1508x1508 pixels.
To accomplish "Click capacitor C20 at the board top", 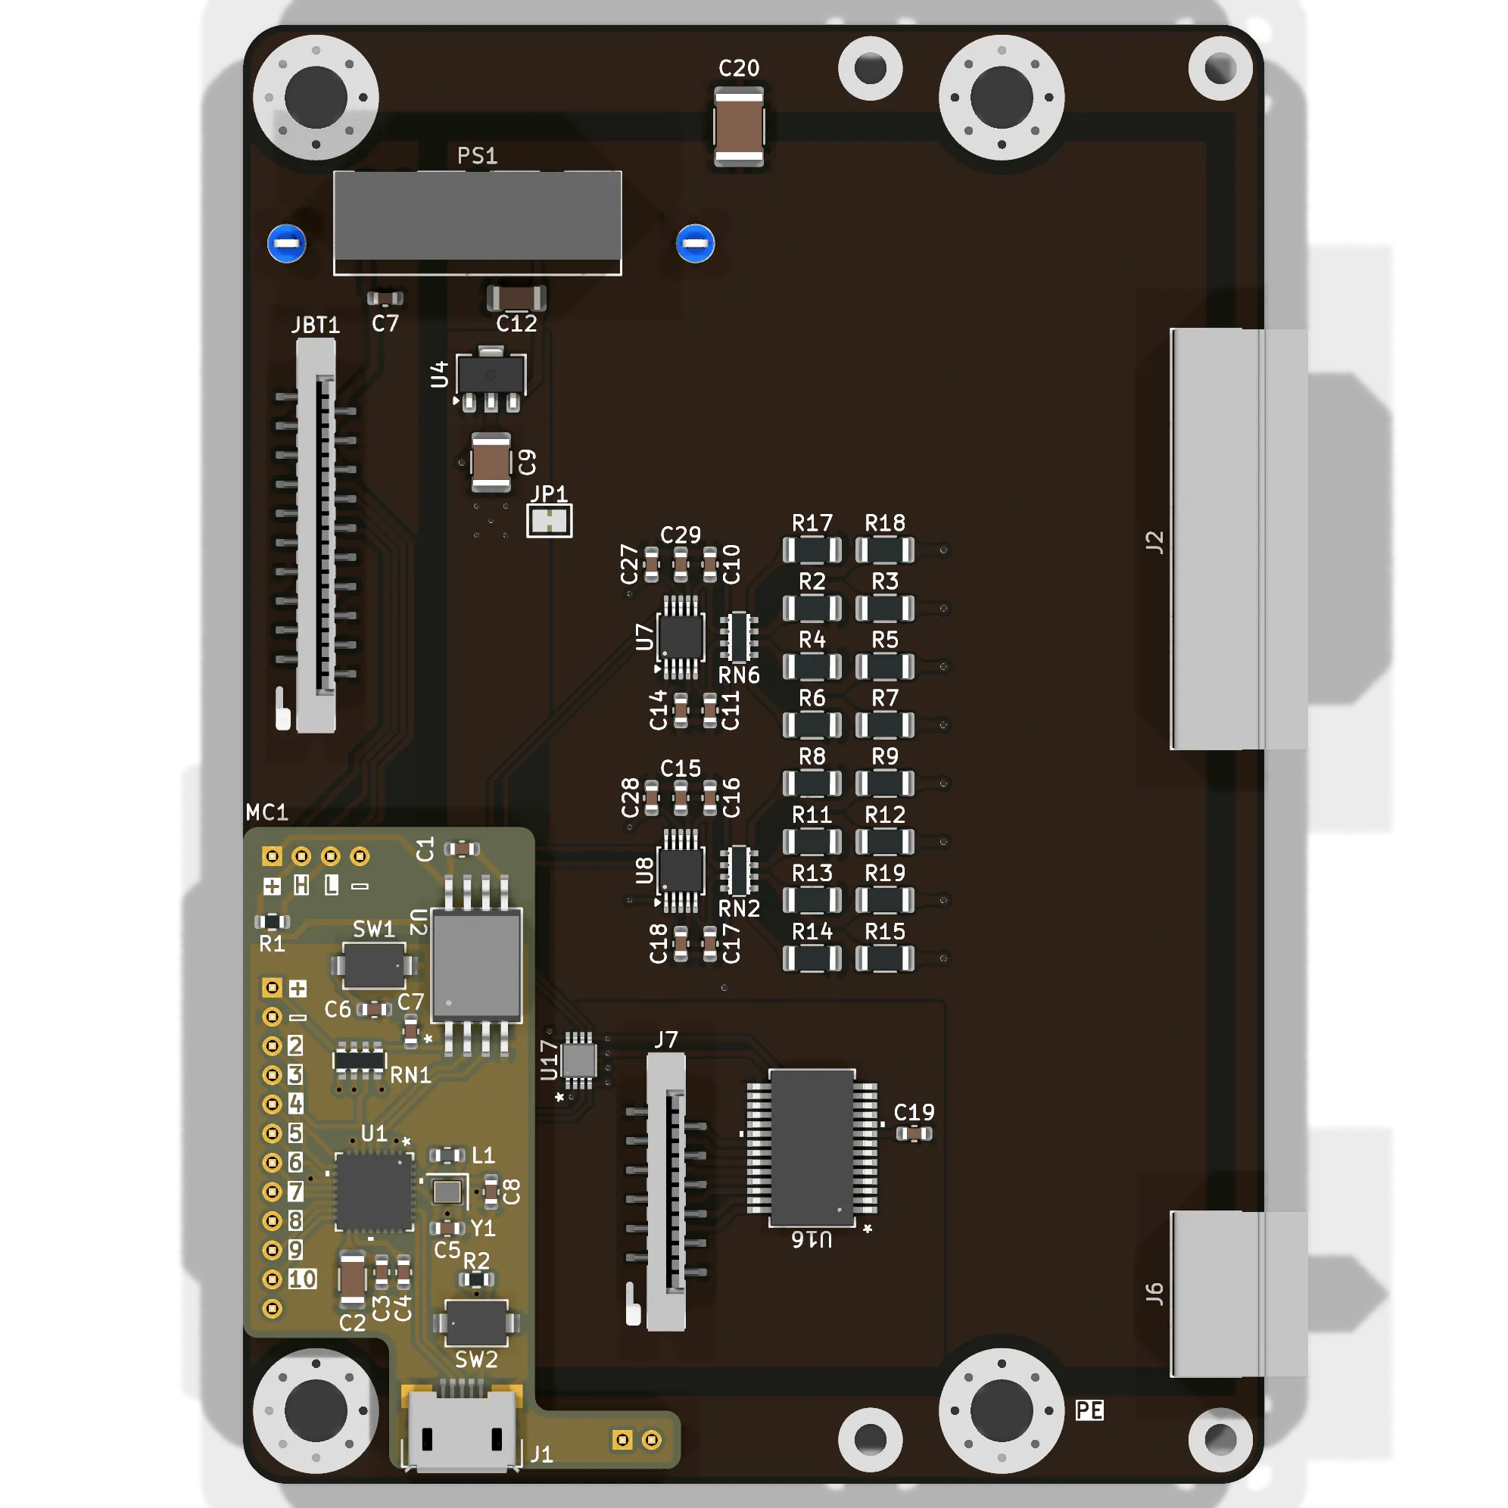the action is pyautogui.click(x=738, y=126).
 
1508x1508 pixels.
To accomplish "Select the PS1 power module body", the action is pyautogui.click(x=477, y=223).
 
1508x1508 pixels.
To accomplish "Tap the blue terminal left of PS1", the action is pyautogui.click(x=286, y=244).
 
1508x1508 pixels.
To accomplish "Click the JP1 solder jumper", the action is pyautogui.click(x=550, y=521).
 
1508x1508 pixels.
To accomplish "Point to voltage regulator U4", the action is pyautogui.click(x=491, y=379).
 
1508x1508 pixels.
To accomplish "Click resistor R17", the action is pyautogui.click(x=812, y=550).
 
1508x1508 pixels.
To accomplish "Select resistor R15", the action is pyautogui.click(x=884, y=958).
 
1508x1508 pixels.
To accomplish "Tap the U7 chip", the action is pyautogui.click(x=681, y=637).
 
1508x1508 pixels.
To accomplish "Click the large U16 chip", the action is pyautogui.click(x=812, y=1148).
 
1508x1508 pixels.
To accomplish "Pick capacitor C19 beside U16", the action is pyautogui.click(x=913, y=1133).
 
